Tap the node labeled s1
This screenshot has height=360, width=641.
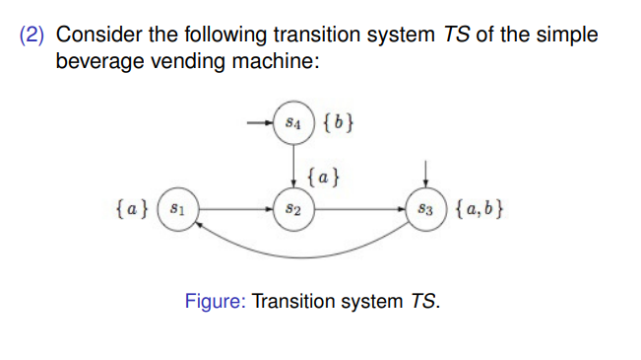pyautogui.click(x=178, y=209)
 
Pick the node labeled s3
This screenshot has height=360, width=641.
pyautogui.click(x=424, y=209)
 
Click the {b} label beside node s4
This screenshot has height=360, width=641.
pyautogui.click(x=338, y=124)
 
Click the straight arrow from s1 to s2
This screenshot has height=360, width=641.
pyautogui.click(x=236, y=209)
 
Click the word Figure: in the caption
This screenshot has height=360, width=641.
pyautogui.click(x=215, y=300)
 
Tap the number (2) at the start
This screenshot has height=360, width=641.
pyautogui.click(x=33, y=36)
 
